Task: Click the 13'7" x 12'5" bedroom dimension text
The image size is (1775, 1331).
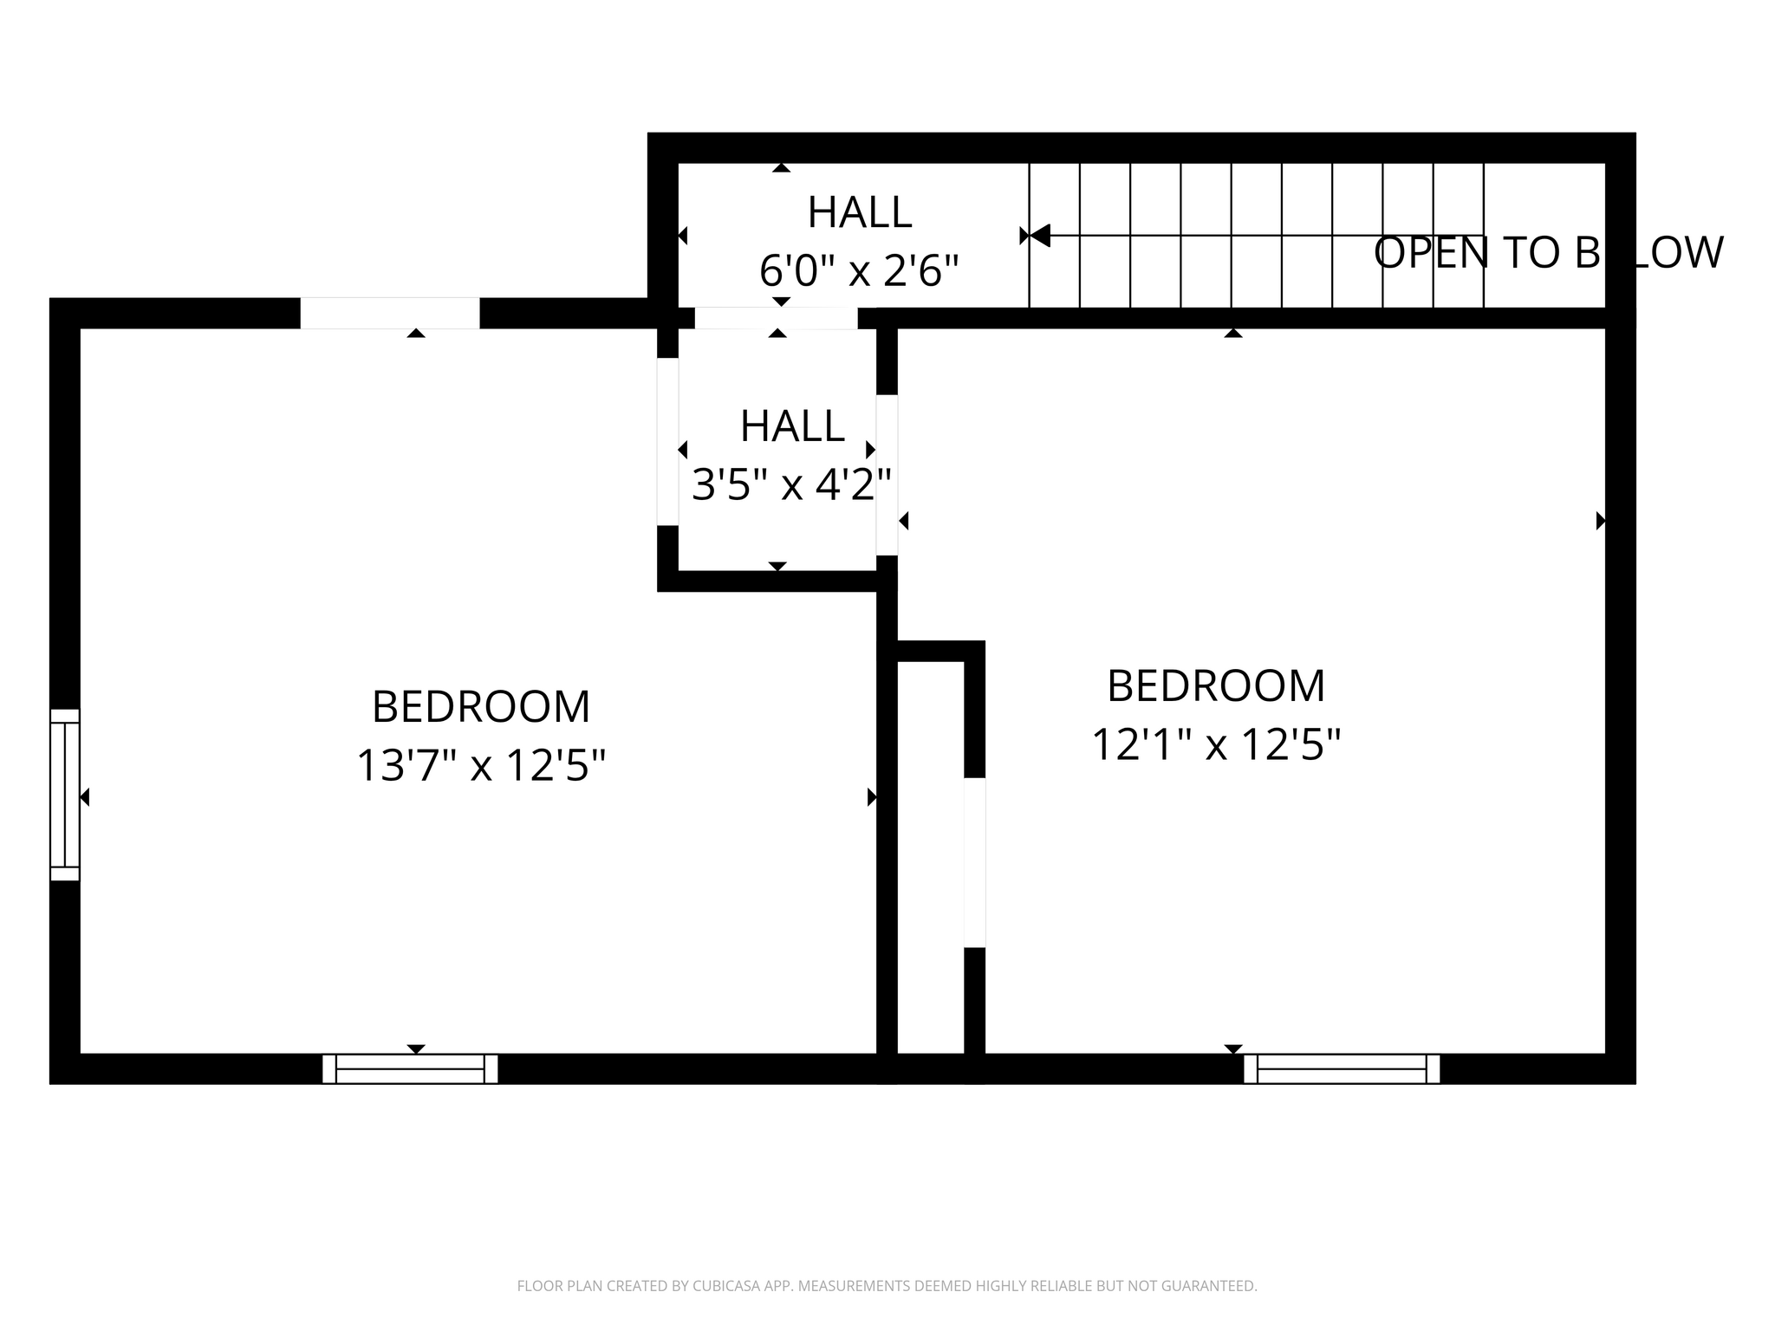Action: tap(481, 765)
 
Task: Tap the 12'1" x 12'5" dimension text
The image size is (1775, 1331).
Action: tap(1216, 744)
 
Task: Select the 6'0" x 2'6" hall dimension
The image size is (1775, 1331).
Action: tap(859, 271)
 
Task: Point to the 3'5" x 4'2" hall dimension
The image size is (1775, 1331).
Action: tap(791, 484)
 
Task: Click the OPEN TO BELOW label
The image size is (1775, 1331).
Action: tap(1548, 253)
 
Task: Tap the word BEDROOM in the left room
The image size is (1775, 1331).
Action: tap(481, 707)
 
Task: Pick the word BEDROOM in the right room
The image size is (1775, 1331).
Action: tap(1216, 686)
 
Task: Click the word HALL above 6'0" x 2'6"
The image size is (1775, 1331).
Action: tap(859, 213)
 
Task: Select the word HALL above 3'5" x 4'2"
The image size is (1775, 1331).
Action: tap(792, 426)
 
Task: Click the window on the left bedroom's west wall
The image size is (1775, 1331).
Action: tap(65, 795)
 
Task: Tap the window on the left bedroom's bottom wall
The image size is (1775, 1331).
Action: tap(410, 1068)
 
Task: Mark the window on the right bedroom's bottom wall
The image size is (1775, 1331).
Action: tap(1342, 1068)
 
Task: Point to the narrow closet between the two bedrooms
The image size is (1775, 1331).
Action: tap(930, 858)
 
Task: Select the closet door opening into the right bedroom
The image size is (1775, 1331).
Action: tap(975, 862)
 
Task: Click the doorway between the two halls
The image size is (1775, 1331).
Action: tap(776, 318)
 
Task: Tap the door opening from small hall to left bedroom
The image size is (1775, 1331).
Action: tap(667, 441)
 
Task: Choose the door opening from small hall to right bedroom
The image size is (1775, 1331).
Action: tap(887, 475)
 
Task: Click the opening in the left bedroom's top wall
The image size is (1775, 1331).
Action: tap(390, 313)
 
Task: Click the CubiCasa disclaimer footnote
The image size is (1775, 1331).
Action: tap(887, 1286)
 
